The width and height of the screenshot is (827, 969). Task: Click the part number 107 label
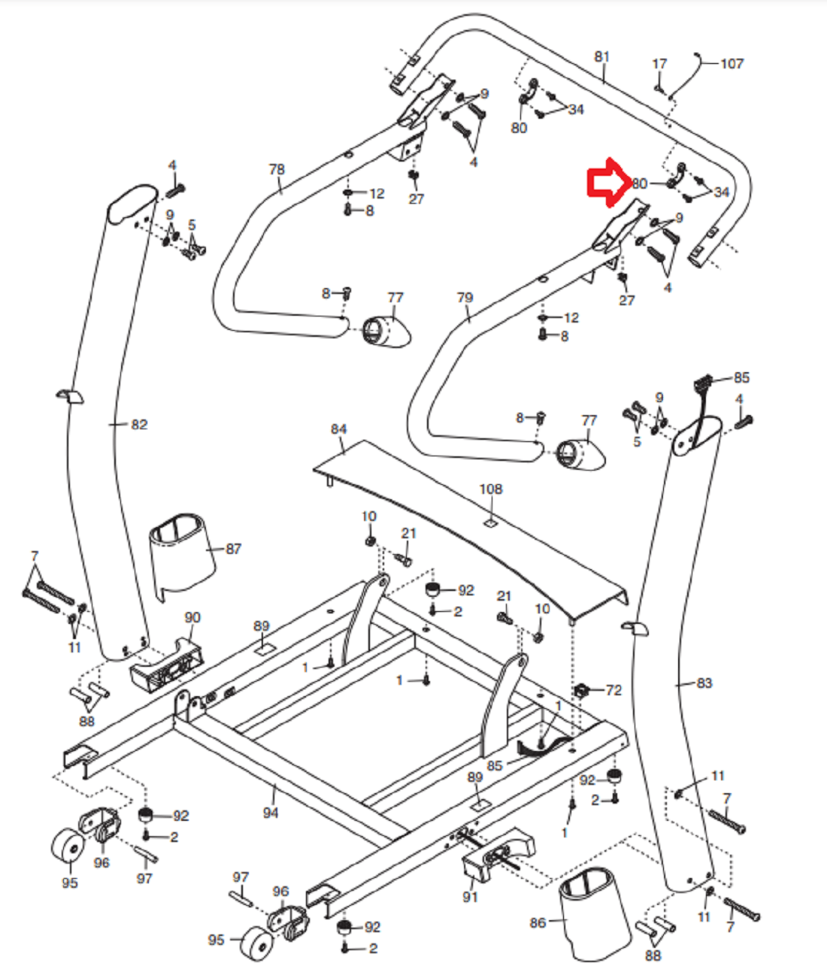732,64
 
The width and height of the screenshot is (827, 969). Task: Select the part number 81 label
602,56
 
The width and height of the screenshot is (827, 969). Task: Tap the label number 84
338,429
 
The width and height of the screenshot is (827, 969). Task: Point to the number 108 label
490,489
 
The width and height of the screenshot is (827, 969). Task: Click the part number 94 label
271,812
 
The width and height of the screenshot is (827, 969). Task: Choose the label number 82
139,425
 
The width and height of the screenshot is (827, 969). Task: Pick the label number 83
704,683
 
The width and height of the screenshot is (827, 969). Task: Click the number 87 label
234,549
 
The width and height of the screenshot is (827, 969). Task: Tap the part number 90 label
192,617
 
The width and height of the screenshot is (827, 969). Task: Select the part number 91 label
470,896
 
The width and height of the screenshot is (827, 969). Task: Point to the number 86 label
538,922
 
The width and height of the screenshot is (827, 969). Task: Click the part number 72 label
613,690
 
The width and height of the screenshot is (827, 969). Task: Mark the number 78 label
277,169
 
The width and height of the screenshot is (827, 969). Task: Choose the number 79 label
465,298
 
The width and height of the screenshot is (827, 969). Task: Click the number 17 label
659,64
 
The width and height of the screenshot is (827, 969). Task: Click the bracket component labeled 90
167,665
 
